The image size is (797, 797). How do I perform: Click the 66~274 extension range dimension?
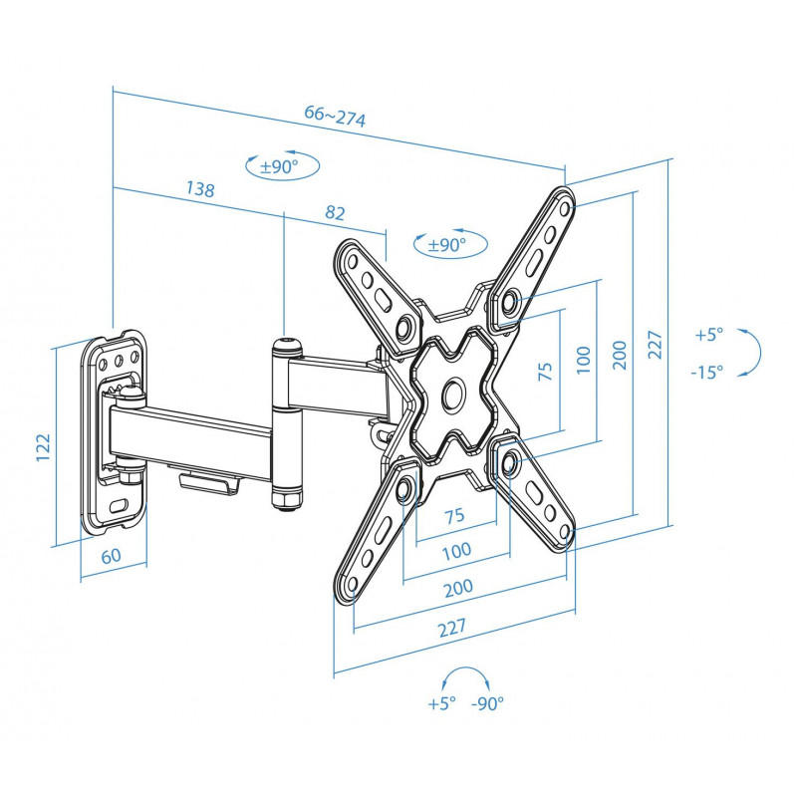point(335,116)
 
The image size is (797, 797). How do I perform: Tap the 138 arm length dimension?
point(200,188)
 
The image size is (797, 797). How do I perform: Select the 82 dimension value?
point(335,212)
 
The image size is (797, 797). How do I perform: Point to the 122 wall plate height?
point(44,446)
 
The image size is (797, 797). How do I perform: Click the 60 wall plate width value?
point(112,556)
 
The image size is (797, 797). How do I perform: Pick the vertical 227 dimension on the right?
point(656,345)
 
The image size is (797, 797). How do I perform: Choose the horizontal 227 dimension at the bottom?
point(452,628)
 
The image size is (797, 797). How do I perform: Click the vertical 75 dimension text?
point(545,371)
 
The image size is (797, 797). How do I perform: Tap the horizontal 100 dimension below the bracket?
point(457,551)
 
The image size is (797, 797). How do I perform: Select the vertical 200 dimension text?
point(620,355)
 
